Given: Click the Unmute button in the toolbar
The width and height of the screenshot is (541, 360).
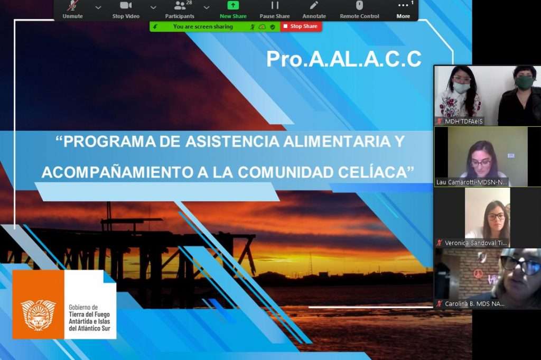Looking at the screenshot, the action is click(x=72, y=10).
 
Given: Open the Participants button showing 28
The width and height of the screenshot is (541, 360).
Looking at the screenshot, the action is click(x=180, y=10).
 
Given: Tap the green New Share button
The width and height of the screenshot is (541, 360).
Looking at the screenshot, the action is click(x=233, y=10).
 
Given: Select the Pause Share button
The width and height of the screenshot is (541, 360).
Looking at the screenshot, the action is click(x=275, y=10).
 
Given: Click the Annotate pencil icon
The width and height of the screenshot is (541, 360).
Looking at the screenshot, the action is click(x=314, y=5).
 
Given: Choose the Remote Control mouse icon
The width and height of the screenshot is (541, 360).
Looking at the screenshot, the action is click(x=359, y=5).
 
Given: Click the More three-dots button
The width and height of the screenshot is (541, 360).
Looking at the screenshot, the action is click(x=403, y=10).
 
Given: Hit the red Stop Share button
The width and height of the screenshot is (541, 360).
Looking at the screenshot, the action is click(x=301, y=26).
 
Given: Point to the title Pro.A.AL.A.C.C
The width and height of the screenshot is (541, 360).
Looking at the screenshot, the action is click(x=343, y=59).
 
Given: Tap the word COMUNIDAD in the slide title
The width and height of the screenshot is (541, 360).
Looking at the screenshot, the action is click(x=286, y=172).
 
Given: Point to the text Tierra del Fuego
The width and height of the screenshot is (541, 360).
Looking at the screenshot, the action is click(x=89, y=314).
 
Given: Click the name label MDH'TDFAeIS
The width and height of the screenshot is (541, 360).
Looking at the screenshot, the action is click(x=463, y=122).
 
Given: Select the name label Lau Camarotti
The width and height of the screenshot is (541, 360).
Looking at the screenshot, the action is click(x=472, y=182).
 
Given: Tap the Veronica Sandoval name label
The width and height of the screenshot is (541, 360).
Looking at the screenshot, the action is click(x=475, y=243).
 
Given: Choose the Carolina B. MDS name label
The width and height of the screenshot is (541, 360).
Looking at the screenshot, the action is click(x=474, y=304).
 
